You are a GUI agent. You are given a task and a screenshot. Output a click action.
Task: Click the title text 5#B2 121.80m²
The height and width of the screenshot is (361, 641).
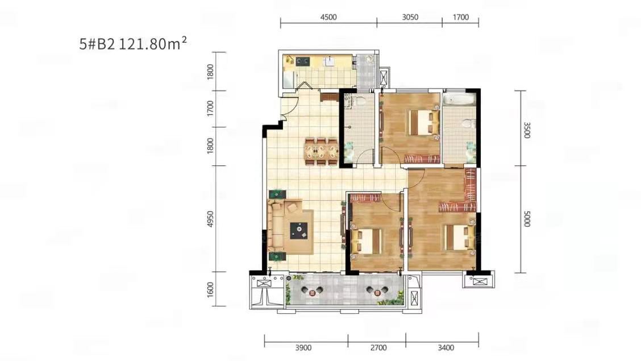click(x=134, y=43)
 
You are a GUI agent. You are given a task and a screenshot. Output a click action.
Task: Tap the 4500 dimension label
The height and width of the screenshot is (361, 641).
click(x=328, y=17)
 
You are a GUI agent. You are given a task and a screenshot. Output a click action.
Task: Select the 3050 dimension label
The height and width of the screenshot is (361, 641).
click(x=410, y=17)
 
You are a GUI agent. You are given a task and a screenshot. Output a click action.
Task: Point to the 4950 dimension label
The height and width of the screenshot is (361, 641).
click(x=210, y=219)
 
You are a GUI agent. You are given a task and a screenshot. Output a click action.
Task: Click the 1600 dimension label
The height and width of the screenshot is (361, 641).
click(x=210, y=289)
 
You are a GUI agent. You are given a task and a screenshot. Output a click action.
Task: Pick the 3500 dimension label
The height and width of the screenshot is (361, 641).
click(x=527, y=130)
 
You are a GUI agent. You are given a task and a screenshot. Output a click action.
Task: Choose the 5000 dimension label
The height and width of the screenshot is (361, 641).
click(x=527, y=219)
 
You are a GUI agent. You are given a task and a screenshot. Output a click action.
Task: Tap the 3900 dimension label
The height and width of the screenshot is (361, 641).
click(x=303, y=348)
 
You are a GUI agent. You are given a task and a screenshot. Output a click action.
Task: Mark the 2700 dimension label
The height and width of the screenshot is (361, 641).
click(x=378, y=348)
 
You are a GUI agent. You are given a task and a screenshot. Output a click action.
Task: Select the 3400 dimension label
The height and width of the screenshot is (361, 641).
click(x=446, y=348)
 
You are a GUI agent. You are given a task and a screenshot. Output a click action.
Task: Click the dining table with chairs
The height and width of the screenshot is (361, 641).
click(x=321, y=152)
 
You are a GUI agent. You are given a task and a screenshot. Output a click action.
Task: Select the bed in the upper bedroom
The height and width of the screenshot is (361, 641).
click(x=424, y=123)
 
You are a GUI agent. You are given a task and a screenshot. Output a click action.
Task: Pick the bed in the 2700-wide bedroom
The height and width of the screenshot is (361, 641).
click(x=367, y=241)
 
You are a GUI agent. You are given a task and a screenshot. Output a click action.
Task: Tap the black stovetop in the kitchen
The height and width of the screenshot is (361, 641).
click(x=302, y=62)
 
